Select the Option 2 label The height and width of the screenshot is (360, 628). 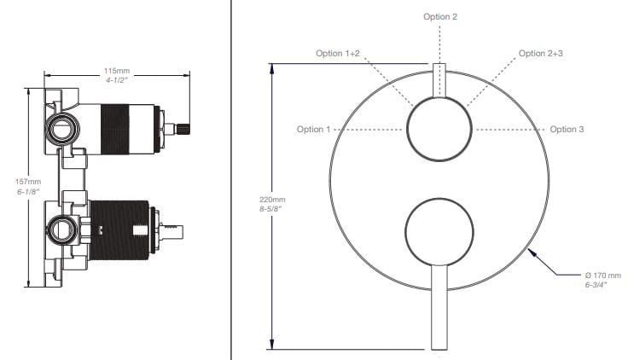click(440, 16)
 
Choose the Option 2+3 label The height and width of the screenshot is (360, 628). click(540, 53)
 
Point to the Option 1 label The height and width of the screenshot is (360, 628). click(313, 130)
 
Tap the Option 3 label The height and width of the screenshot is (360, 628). click(567, 130)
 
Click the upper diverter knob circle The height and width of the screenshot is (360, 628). click(439, 131)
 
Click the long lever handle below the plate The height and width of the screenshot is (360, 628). click(439, 307)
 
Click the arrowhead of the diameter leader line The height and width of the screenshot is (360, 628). click(531, 248)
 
